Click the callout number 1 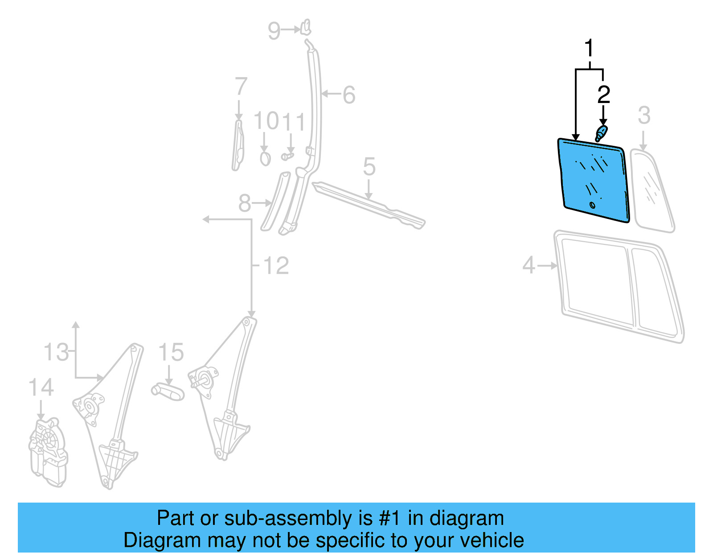(589, 48)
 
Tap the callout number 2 (603, 95)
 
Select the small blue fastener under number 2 (601, 132)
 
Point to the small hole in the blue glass (592, 205)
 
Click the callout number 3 (644, 116)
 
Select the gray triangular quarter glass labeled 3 (653, 192)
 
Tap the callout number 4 (529, 265)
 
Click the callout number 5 (369, 167)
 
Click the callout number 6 (348, 95)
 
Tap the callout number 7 (241, 87)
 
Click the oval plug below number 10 (265, 158)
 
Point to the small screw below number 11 (287, 156)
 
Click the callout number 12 (276, 266)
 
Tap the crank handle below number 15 (168, 391)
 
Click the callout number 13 (56, 353)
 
